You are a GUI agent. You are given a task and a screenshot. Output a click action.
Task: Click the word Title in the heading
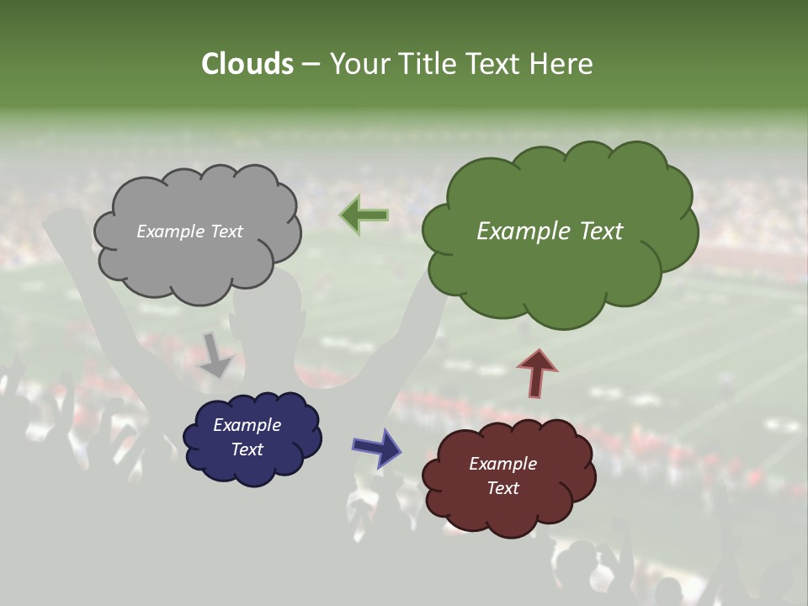click(x=429, y=64)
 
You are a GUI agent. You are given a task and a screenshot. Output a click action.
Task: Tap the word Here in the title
click(x=564, y=64)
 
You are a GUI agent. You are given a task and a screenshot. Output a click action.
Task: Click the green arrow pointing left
click(x=364, y=215)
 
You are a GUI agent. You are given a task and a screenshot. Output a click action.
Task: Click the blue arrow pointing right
click(x=377, y=447)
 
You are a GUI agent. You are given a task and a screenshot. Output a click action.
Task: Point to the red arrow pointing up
click(x=537, y=372)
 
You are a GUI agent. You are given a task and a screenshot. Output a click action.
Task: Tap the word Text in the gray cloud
click(x=226, y=231)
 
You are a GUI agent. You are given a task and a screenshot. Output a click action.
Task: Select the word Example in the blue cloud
click(x=247, y=425)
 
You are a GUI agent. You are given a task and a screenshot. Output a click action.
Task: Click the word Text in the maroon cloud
click(x=502, y=488)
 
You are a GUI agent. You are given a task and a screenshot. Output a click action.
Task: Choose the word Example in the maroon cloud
click(x=502, y=464)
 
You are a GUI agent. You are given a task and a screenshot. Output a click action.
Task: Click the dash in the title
click(x=310, y=65)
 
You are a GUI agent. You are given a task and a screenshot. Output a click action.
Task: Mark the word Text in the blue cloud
click(x=247, y=449)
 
